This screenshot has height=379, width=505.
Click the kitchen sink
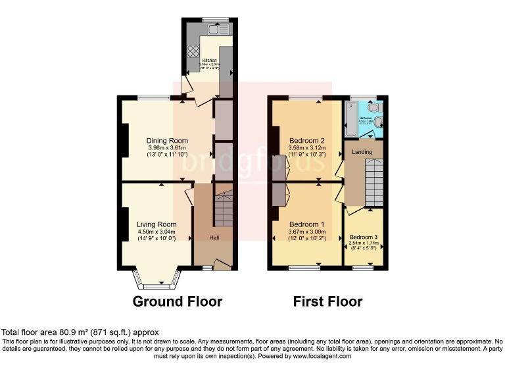pyautogui.click(x=215, y=28)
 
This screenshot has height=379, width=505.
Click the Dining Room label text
pyautogui.click(x=168, y=140)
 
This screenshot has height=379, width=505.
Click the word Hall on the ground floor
pyautogui.click(x=214, y=238)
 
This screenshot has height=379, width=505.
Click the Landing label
pyautogui.click(x=362, y=152)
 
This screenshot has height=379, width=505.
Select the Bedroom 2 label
pyautogui.click(x=307, y=140)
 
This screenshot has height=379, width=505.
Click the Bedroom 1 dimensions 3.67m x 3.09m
pyautogui.click(x=307, y=231)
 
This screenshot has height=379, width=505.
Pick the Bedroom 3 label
pyautogui.click(x=364, y=237)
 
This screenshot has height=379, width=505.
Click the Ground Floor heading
pyautogui.click(x=178, y=302)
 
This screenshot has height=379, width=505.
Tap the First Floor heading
pyautogui.click(x=327, y=302)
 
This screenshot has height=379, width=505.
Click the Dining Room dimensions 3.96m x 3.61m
pyautogui.click(x=168, y=147)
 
